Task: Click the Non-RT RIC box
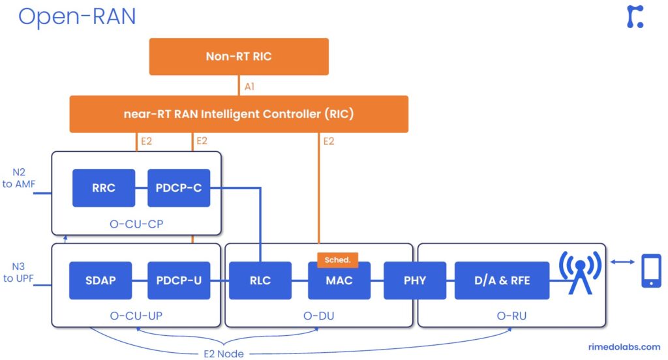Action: click(239, 56)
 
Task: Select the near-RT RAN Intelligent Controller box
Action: click(239, 114)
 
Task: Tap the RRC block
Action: click(104, 188)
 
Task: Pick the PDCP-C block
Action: click(179, 188)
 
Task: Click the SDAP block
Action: click(100, 280)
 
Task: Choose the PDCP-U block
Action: click(179, 280)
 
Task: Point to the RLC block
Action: click(260, 280)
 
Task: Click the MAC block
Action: click(339, 281)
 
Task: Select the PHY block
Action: click(415, 280)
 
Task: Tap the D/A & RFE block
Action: click(502, 280)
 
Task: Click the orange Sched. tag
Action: click(337, 260)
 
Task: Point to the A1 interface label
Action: click(249, 85)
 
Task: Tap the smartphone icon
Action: click(651, 270)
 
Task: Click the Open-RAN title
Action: click(77, 16)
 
